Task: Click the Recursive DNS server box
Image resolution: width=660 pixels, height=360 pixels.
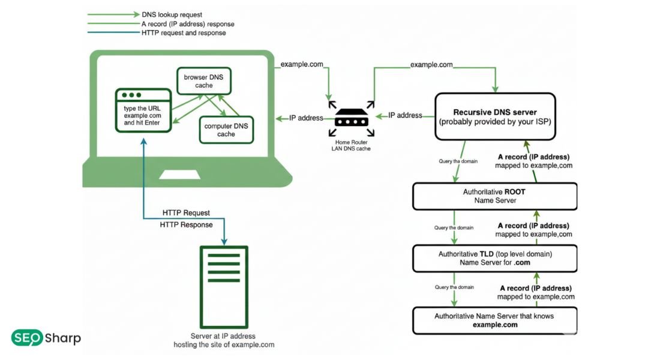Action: (494, 116)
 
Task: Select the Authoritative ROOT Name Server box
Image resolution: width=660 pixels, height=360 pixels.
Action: (494, 196)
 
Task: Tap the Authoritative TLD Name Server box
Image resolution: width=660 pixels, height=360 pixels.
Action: (494, 258)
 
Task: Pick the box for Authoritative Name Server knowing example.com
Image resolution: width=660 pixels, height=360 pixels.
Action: (494, 320)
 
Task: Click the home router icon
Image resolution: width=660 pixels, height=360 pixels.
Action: (350, 120)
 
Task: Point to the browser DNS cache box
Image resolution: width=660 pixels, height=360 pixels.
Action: (203, 81)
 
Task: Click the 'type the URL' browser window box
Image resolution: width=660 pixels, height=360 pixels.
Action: (143, 110)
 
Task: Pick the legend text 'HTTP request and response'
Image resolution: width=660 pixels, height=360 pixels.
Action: (184, 33)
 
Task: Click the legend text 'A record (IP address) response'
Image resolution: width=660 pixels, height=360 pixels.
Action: (188, 23)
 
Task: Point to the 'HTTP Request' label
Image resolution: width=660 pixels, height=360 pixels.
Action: (186, 213)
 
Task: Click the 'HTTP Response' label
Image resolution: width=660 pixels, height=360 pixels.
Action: (186, 225)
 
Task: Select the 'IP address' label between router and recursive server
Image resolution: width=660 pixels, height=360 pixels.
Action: (405, 115)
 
